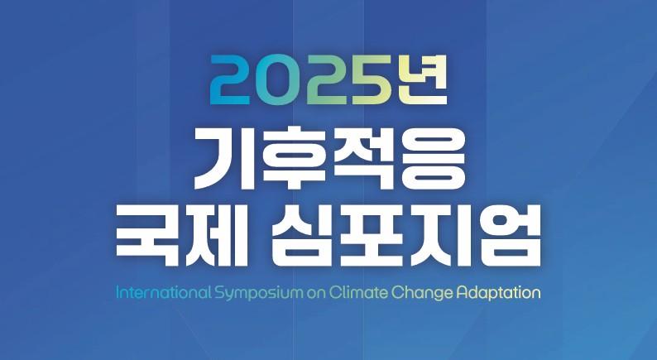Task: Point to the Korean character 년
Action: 423,80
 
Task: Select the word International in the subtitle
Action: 163,292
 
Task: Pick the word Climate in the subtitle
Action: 358,292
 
